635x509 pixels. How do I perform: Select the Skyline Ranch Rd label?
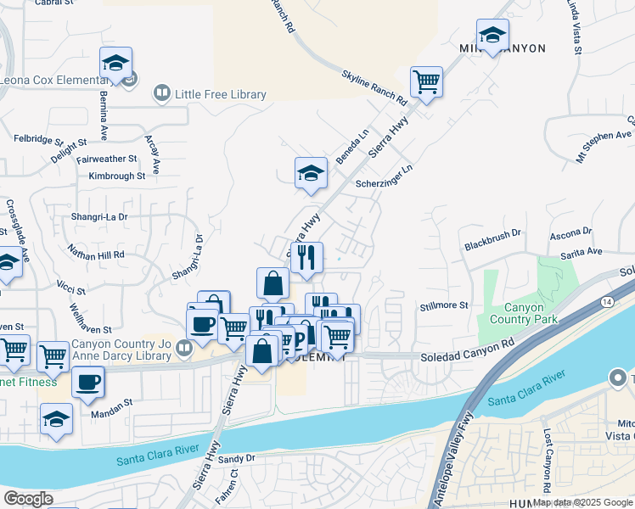[x=374, y=87]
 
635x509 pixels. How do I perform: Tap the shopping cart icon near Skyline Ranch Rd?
[x=426, y=82]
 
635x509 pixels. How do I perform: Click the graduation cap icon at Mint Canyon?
[x=492, y=35]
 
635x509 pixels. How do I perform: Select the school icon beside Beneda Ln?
[x=311, y=173]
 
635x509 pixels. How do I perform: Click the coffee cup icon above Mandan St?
[x=88, y=382]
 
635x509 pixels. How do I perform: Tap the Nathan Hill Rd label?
[x=96, y=253]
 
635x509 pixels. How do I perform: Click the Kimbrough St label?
[x=116, y=176]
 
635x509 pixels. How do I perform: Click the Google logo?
[x=28, y=499]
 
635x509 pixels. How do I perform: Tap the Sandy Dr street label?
[x=237, y=458]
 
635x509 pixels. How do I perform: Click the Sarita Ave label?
[x=581, y=252]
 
